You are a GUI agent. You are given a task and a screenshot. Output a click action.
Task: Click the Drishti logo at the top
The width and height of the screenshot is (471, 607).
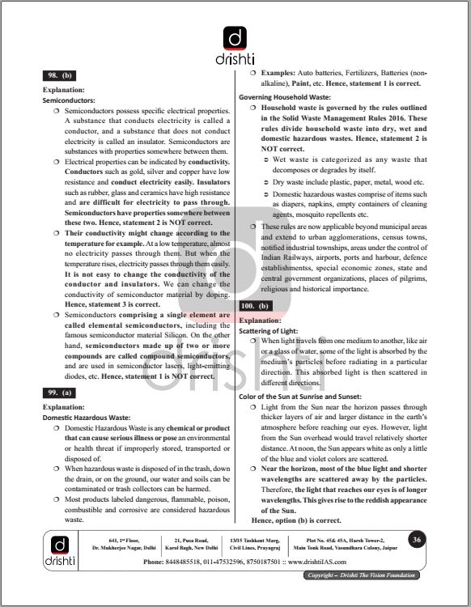pos(235,45)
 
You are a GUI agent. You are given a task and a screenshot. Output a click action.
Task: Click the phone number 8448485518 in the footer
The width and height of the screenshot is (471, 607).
pos(196,561)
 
